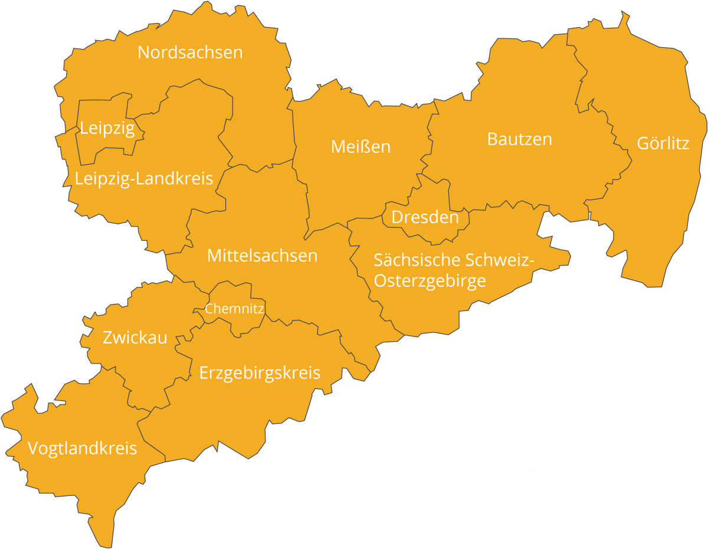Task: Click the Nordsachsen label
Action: pos(190,52)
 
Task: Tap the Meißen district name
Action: pos(360,146)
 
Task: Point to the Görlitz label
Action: pos(663,143)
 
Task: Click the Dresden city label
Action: pos(425,217)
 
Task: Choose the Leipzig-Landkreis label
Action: pos(143,178)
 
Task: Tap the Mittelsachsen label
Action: pos(262,256)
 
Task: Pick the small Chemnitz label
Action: pos(234,308)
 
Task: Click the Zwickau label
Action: pos(135,338)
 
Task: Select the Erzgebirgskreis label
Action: pos(260,373)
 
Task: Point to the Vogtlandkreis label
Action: pos(82,449)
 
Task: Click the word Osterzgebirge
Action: pos(430,281)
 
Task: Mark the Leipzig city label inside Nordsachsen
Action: pos(107,128)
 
